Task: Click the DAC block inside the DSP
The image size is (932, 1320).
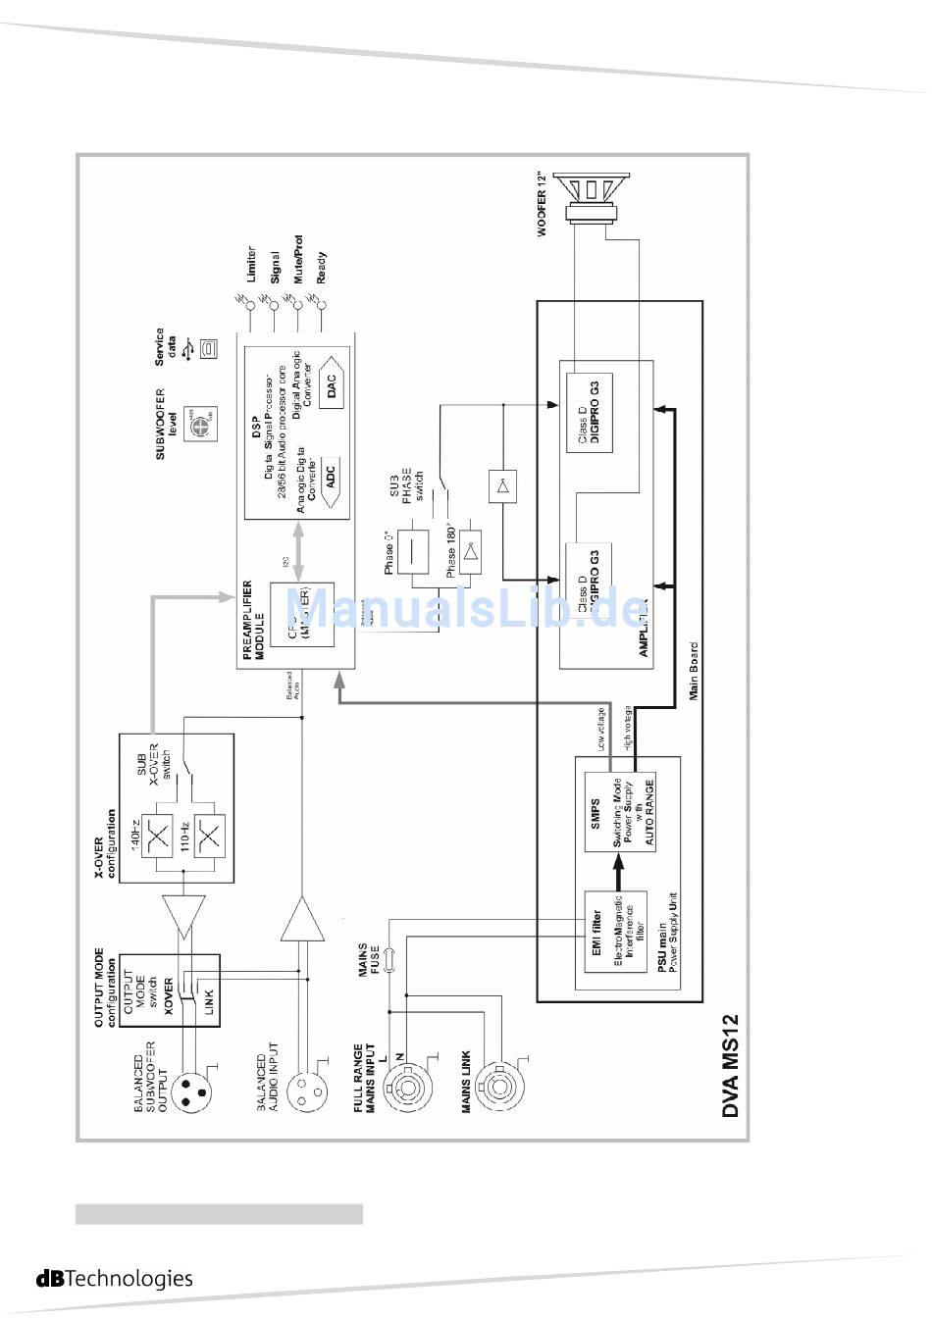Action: [x=330, y=384]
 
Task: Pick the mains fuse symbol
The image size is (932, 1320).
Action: [x=390, y=959]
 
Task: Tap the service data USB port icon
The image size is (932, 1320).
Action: [x=207, y=348]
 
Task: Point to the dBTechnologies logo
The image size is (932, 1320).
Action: [x=115, y=1278]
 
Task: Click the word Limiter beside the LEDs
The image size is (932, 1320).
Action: [x=252, y=265]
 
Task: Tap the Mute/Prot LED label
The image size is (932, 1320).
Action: [x=298, y=260]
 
